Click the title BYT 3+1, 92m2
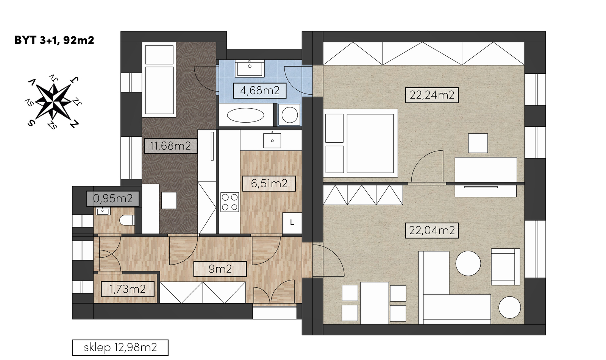click(54, 40)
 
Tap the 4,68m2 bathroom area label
click(259, 90)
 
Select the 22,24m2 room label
click(432, 95)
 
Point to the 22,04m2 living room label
click(432, 230)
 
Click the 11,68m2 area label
click(170, 146)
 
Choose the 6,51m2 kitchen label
click(269, 183)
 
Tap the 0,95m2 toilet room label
click(113, 198)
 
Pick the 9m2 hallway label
click(220, 269)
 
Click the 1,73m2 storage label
click(127, 289)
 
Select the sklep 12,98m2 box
click(120, 348)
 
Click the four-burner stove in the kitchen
click(230, 202)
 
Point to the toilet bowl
click(127, 220)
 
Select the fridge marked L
click(292, 223)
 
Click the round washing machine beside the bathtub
click(289, 115)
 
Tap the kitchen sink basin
click(272, 140)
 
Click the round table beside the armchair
click(468, 263)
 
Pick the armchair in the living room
click(505, 267)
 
